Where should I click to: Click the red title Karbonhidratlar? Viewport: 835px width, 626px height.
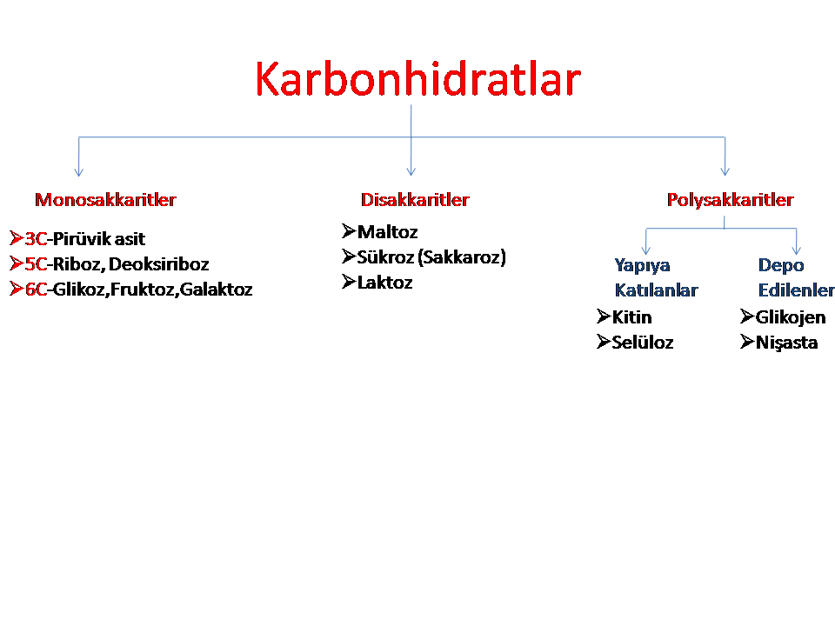[417, 79]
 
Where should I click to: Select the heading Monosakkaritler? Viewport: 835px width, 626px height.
[105, 200]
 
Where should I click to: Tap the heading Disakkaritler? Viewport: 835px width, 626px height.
[415, 200]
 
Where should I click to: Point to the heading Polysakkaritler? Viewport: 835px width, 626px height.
[730, 200]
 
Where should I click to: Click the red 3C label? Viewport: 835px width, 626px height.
[37, 239]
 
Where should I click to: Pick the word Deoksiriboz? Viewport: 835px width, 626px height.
[158, 264]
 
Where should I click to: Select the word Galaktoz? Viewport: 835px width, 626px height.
[217, 289]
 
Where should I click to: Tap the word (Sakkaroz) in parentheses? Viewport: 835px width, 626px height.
[462, 257]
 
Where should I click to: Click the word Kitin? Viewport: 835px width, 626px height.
[632, 317]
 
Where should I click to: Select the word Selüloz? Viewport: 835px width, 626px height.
[643, 343]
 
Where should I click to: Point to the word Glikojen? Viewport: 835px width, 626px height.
[791, 317]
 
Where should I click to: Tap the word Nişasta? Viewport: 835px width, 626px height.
[787, 343]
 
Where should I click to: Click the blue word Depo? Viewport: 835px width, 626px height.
[781, 265]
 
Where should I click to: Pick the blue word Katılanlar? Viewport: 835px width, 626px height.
[656, 290]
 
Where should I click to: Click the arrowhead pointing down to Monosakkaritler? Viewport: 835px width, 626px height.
[79, 172]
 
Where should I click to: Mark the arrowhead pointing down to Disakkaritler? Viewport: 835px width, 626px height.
[411, 171]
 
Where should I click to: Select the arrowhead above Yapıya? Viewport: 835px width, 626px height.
[646, 250]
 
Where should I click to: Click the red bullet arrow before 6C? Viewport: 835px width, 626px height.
[17, 289]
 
